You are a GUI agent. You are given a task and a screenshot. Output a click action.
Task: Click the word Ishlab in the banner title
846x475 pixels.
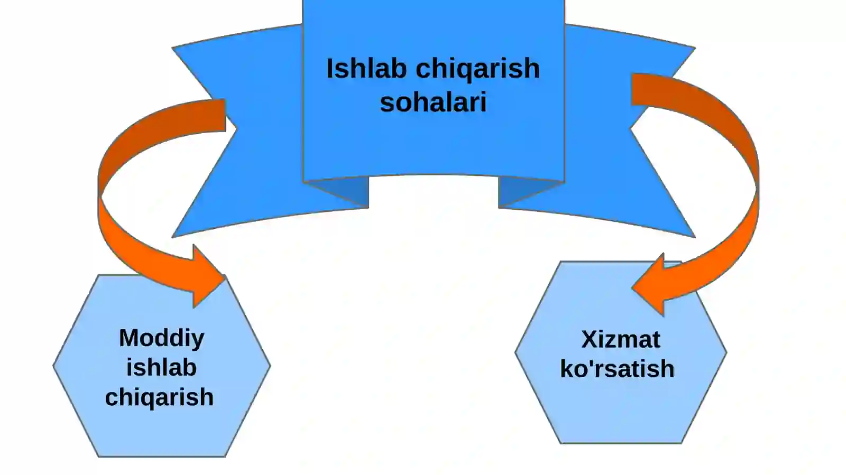click(366, 69)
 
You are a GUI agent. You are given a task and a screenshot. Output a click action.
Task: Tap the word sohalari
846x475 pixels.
click(433, 102)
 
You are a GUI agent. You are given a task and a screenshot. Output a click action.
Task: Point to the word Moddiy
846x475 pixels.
click(161, 339)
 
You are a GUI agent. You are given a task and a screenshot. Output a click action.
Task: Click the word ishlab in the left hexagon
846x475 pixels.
click(161, 367)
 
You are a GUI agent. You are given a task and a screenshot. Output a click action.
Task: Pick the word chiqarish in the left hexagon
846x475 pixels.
click(159, 398)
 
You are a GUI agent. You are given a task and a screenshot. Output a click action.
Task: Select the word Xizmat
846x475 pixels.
click(621, 339)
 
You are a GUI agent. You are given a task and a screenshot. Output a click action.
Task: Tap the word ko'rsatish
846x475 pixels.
click(617, 368)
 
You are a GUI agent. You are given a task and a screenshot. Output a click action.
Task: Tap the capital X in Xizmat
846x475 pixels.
click(590, 340)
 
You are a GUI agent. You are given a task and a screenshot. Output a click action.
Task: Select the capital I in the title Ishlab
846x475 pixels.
click(329, 69)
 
